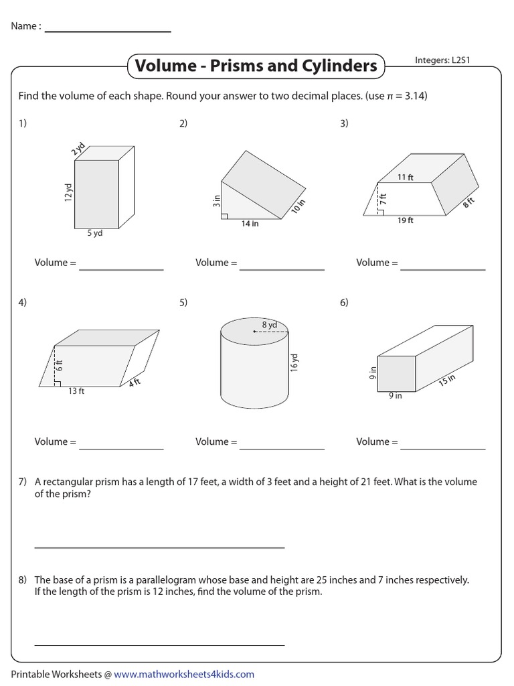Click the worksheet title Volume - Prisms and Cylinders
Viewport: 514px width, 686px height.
coord(256,66)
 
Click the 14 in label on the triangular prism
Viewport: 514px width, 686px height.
coord(250,224)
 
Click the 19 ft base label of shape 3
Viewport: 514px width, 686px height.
coord(406,220)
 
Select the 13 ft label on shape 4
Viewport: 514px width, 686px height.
coord(76,391)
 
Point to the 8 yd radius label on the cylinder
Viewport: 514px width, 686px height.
coord(269,324)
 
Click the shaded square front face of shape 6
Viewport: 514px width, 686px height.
coord(397,373)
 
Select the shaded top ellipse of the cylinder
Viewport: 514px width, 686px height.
coord(254,330)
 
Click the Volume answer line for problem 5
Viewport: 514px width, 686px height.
coord(282,448)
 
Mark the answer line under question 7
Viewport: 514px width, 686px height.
coord(159,547)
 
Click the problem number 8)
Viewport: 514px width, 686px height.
coord(23,580)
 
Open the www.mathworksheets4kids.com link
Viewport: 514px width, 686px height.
coord(184,674)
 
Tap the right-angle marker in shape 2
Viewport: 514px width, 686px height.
coord(226,216)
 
